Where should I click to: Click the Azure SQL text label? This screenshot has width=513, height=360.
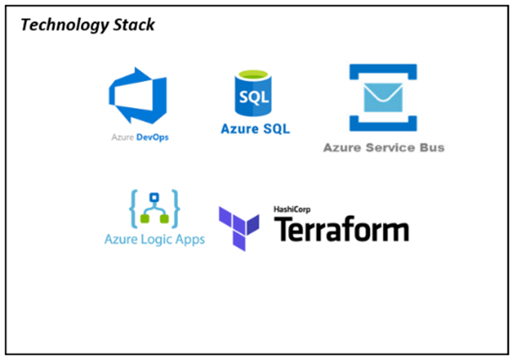coord(254,129)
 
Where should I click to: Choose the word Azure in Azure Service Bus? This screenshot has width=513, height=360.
coord(343,148)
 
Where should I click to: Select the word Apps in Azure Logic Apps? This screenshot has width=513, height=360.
coord(189,239)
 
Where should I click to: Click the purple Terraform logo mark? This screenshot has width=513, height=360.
coord(239,226)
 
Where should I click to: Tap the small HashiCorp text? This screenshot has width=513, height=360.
coord(294,210)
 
